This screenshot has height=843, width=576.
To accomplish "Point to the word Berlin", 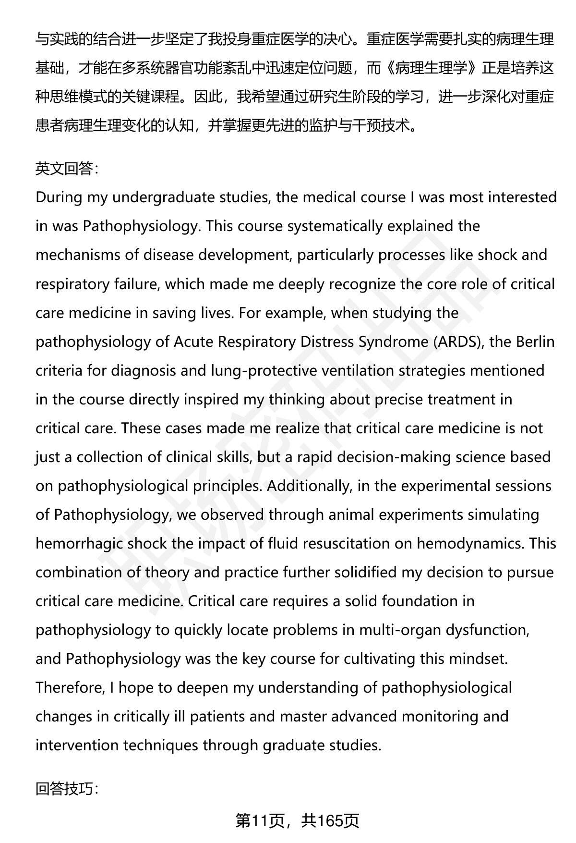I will (535, 342).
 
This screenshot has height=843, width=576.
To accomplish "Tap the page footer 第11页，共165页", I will (297, 821).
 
